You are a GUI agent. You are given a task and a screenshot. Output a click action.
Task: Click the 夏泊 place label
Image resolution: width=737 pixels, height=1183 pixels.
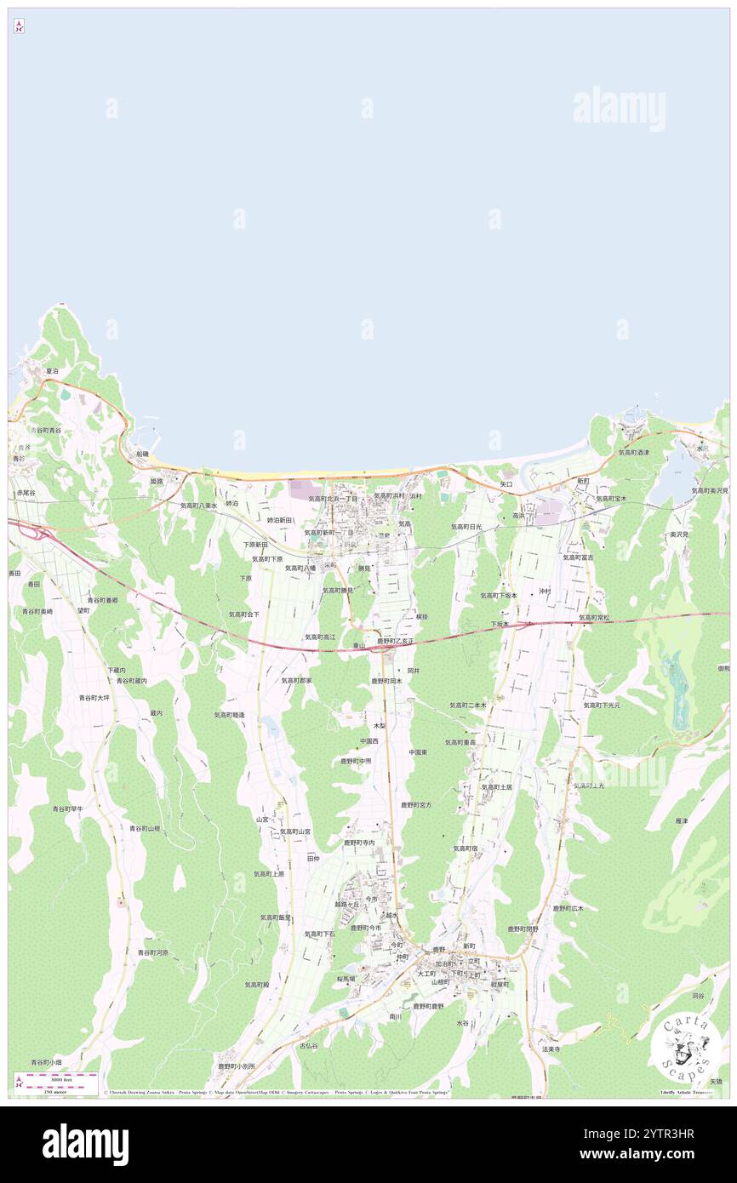click(x=52, y=371)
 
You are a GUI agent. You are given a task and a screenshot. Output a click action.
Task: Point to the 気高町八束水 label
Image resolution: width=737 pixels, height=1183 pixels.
click(x=198, y=505)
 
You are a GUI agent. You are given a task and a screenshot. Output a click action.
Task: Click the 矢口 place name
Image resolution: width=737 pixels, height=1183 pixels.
click(x=506, y=483)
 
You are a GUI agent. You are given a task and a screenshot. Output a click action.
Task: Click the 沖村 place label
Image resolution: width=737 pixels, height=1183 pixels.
click(x=544, y=591)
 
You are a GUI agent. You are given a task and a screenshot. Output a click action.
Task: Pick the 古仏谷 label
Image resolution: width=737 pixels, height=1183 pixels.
click(x=308, y=1045)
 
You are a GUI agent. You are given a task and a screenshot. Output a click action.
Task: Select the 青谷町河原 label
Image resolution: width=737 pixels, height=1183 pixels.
click(x=153, y=952)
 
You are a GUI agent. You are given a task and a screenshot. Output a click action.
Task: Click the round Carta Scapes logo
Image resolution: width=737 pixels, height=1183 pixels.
click(x=686, y=1048)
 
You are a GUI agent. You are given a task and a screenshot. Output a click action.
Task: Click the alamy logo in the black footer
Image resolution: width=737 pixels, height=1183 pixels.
click(x=85, y=1145)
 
